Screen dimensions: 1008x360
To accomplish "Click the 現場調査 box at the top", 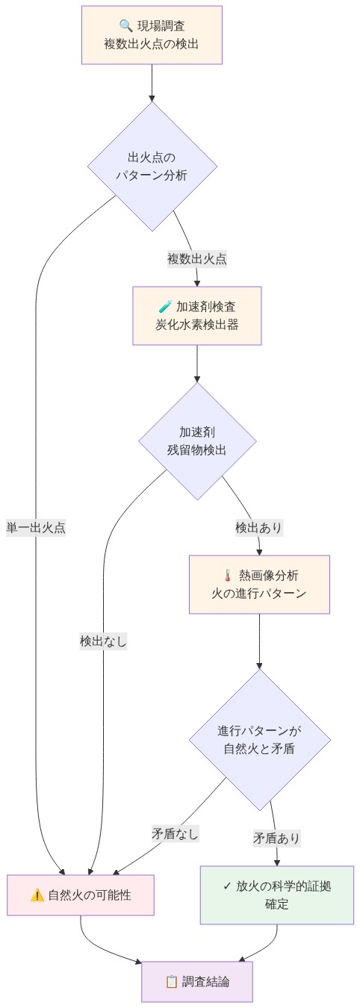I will (x=152, y=35).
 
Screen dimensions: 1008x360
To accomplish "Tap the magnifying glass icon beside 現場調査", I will (x=125, y=26).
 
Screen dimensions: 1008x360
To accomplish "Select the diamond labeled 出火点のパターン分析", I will (x=152, y=166).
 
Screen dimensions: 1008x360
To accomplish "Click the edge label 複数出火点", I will (x=197, y=259).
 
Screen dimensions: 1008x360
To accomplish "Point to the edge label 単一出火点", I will (x=36, y=527).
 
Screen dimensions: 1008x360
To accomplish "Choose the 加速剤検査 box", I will (x=197, y=316).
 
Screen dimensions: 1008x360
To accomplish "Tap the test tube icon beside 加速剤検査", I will (x=165, y=307).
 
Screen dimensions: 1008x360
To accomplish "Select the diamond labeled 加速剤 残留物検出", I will (x=197, y=441).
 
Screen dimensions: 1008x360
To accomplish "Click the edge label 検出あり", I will (x=258, y=527).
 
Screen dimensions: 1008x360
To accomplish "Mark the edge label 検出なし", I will (x=103, y=641).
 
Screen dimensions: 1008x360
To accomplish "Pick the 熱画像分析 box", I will (x=259, y=585).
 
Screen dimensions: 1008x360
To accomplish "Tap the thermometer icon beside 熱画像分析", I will (x=228, y=576).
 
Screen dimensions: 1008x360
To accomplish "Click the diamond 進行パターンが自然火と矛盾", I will (x=259, y=739).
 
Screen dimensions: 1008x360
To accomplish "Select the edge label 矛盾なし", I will (x=176, y=833).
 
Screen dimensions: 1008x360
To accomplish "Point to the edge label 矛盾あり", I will (x=276, y=838).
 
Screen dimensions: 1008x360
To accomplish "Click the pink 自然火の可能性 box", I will (x=81, y=895).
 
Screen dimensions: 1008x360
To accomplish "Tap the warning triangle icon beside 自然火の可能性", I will (x=37, y=895).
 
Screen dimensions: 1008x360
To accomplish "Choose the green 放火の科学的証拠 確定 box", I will (x=277, y=895).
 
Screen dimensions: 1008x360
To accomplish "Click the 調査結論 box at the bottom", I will (x=197, y=981).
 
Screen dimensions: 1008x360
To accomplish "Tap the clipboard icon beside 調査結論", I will (x=170, y=981).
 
